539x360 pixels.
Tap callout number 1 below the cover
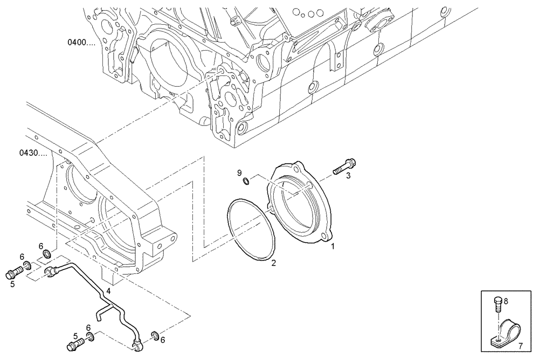(x=333, y=246)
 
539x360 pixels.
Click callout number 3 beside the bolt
(x=349, y=175)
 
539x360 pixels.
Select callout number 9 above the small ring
(x=240, y=172)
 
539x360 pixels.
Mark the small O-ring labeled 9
(x=245, y=182)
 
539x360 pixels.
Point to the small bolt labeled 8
(x=497, y=304)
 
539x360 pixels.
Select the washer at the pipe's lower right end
(x=155, y=337)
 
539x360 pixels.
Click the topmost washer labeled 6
(x=47, y=254)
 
